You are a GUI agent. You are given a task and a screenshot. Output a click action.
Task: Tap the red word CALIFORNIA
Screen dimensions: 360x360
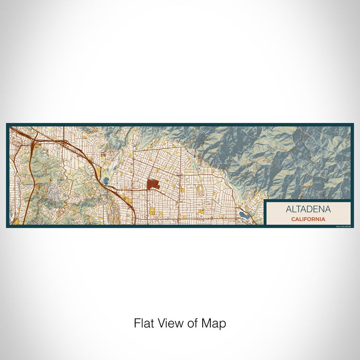point(308,219)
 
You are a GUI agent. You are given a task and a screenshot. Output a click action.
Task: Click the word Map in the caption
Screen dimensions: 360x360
point(215,324)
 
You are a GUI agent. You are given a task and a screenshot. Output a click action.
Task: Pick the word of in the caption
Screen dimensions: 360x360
point(194,323)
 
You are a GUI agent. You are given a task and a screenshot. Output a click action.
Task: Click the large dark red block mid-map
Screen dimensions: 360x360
point(153,184)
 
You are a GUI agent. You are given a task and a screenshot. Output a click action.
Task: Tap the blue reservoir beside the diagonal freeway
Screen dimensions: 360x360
point(106,180)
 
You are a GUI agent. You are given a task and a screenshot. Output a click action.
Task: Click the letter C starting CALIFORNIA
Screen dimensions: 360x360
point(292,219)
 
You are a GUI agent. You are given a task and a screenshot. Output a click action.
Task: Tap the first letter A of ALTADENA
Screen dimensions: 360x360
point(289,209)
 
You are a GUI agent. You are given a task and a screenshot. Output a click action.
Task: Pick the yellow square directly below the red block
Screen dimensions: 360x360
point(153,210)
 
